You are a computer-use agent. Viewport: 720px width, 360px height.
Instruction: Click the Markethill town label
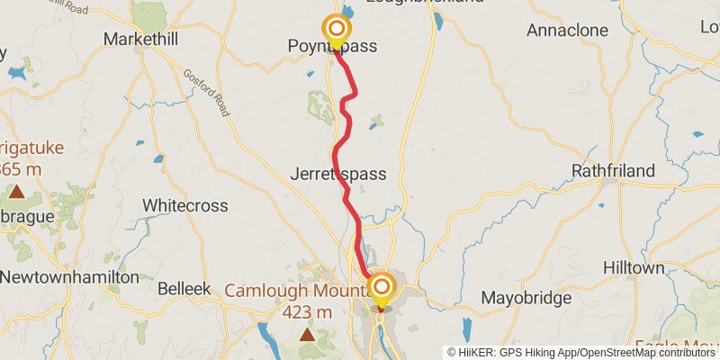click(x=137, y=39)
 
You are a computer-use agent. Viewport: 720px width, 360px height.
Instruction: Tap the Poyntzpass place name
click(x=332, y=46)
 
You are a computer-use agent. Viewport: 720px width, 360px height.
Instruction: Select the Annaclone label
click(x=567, y=30)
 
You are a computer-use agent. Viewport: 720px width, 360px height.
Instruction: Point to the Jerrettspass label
click(x=338, y=175)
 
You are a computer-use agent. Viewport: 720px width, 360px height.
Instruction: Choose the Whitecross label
click(x=185, y=205)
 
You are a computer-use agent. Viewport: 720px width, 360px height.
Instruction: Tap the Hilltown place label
click(x=634, y=268)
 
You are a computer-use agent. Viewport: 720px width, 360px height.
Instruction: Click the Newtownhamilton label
click(x=69, y=277)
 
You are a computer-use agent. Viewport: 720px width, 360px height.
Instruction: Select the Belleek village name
click(x=184, y=289)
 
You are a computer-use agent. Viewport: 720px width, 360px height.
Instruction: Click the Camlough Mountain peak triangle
click(x=308, y=335)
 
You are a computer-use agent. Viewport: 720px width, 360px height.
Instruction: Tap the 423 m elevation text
click(x=308, y=312)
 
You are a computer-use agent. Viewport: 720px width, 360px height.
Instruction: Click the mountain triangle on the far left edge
click(x=16, y=191)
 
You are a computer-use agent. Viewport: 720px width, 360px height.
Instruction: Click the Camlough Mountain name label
click(x=297, y=291)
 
